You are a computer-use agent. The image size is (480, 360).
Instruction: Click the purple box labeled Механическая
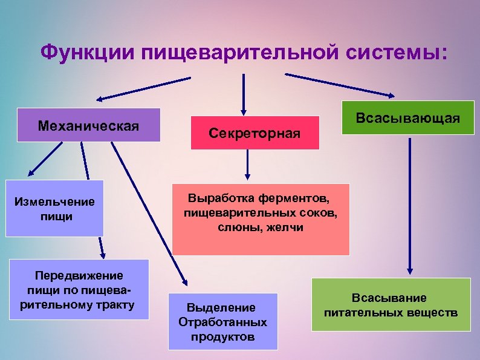click(x=88, y=125)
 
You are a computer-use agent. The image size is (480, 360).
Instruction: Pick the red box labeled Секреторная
click(x=255, y=133)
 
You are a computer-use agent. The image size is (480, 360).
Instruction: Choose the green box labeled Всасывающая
click(x=407, y=117)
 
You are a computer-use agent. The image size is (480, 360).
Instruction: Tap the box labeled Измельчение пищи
click(x=54, y=208)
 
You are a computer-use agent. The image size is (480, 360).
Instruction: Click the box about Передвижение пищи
click(x=79, y=289)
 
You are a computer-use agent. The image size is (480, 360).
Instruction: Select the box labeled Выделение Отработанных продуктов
click(x=222, y=321)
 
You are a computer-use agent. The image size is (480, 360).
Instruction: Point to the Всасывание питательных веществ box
click(x=391, y=304)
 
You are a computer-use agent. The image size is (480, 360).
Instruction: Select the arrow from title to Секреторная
click(x=244, y=94)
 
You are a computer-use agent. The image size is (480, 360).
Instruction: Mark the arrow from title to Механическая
click(x=143, y=88)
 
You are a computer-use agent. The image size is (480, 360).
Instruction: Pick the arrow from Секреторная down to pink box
click(x=247, y=165)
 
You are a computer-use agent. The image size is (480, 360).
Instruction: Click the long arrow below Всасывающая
click(x=410, y=206)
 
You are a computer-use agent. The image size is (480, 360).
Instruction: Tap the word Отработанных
click(x=222, y=321)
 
